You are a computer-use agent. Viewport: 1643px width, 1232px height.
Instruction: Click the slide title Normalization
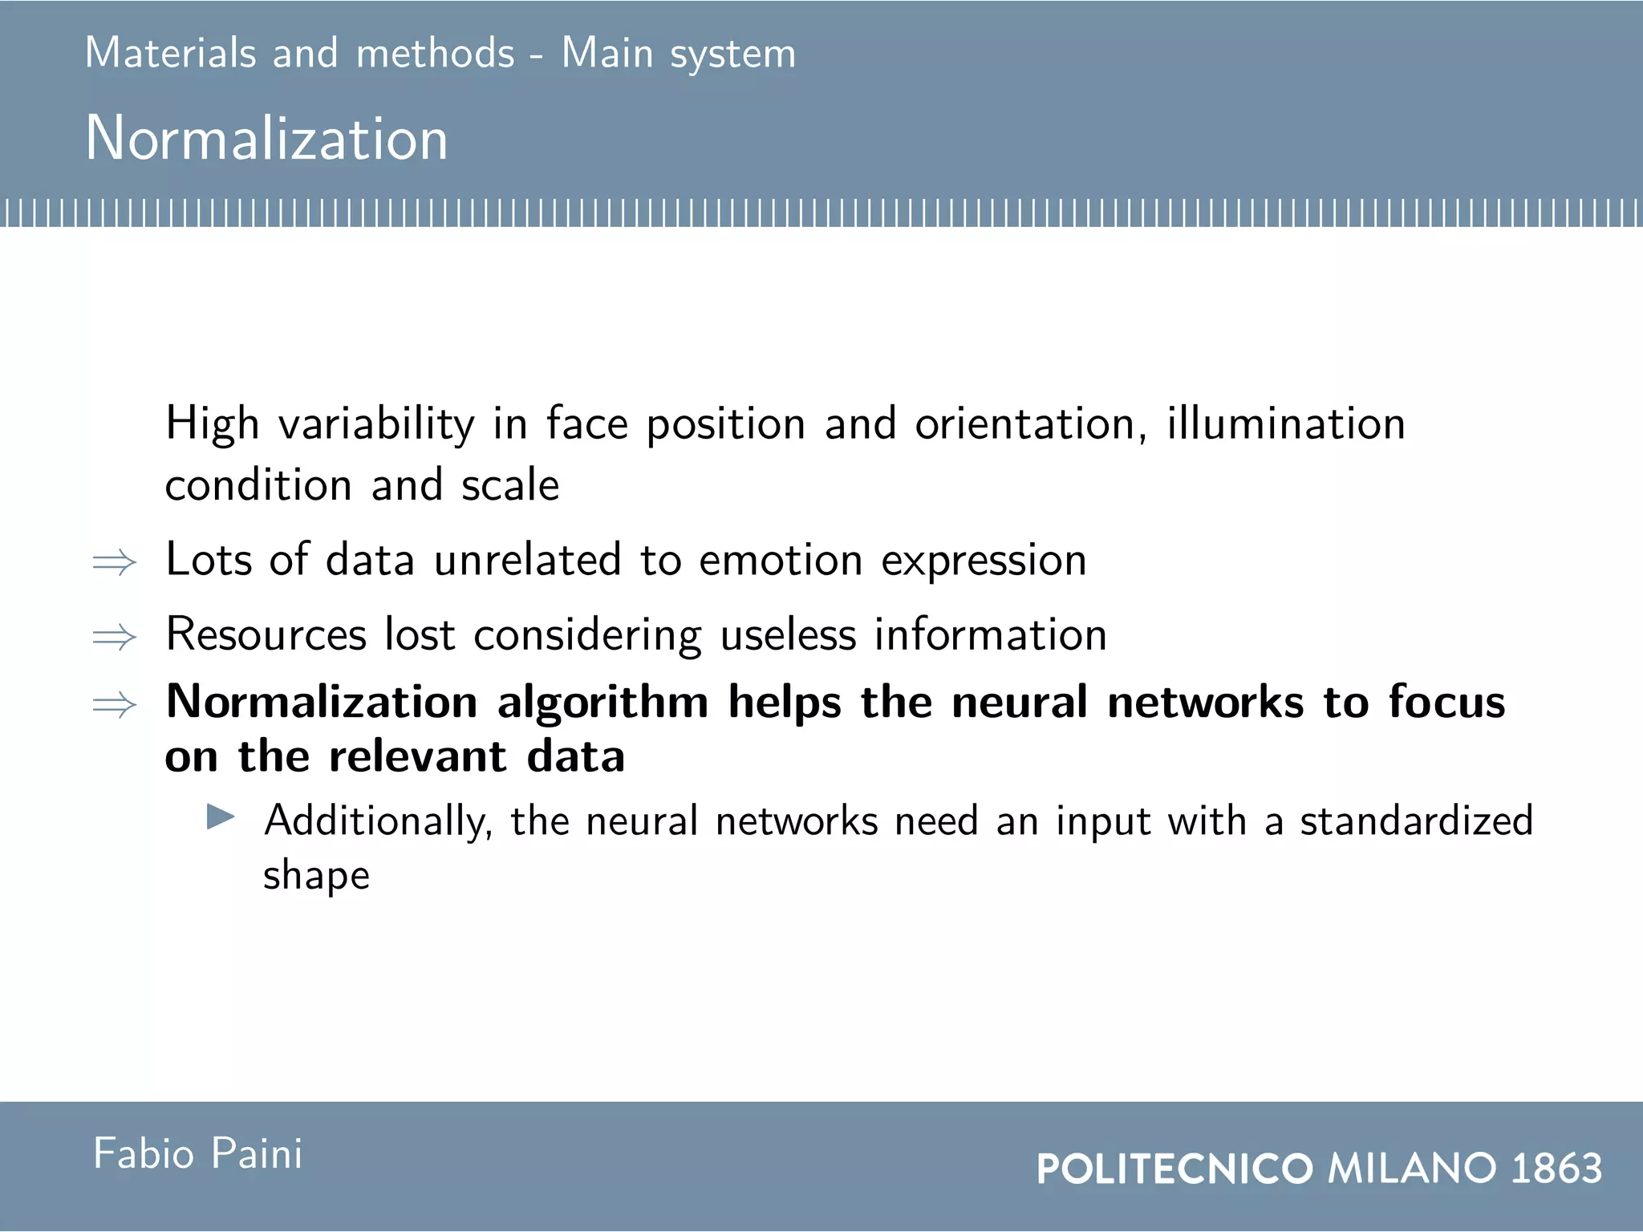[x=266, y=138]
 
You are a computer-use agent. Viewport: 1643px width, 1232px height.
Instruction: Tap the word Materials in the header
[x=170, y=53]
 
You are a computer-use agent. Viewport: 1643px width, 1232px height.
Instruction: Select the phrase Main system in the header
[x=678, y=55]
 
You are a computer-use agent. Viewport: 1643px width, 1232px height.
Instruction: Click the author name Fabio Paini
[x=197, y=1154]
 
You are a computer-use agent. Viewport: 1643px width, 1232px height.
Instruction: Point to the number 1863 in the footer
[x=1556, y=1168]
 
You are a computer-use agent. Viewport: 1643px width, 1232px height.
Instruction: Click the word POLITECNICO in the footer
[x=1174, y=1169]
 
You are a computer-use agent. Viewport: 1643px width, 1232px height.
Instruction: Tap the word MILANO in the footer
[x=1413, y=1168]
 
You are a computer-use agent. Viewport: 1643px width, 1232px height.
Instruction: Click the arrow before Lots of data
[x=115, y=562]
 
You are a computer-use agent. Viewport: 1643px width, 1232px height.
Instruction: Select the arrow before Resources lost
[x=115, y=638]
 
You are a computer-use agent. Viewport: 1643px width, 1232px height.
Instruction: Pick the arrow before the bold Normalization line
[x=115, y=705]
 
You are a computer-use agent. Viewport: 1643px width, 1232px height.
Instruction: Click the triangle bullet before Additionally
[x=221, y=817]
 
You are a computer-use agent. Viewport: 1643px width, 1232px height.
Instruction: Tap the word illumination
[x=1285, y=423]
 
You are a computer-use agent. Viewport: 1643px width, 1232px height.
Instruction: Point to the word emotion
[x=781, y=560]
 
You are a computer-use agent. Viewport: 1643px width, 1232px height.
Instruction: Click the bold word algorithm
[x=602, y=703]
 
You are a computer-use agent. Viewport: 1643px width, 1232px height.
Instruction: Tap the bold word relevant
[x=418, y=756]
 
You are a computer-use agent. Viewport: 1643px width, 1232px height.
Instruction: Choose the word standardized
[x=1416, y=821]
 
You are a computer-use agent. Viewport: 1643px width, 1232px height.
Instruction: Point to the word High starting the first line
[x=212, y=424]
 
